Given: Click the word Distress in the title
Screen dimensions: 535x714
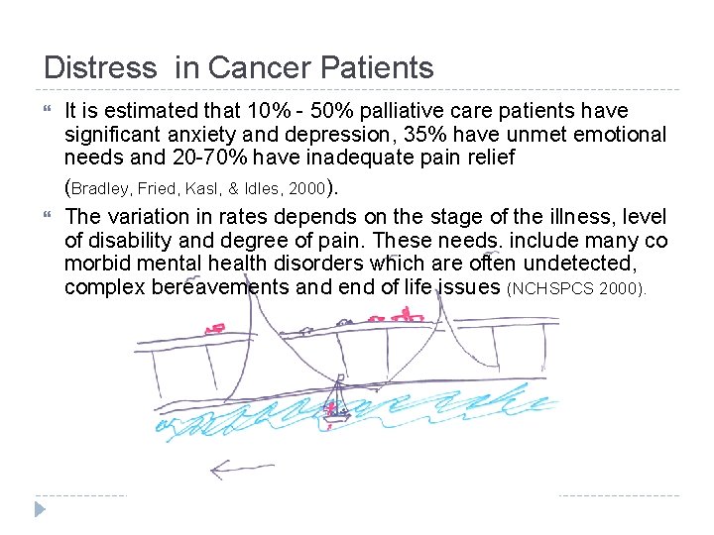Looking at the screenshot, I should tap(100, 67).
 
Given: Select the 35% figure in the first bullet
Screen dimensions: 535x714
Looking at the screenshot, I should tap(409, 134).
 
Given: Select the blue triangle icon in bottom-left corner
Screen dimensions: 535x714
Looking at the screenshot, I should tap(40, 510).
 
